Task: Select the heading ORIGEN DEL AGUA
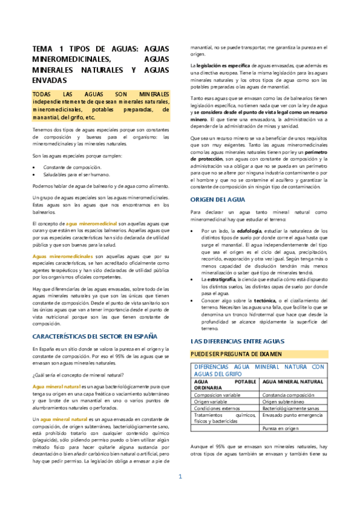click(x=217, y=199)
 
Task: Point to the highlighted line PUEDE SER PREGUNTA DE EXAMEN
click(x=236, y=353)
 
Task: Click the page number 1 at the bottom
click(x=179, y=493)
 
